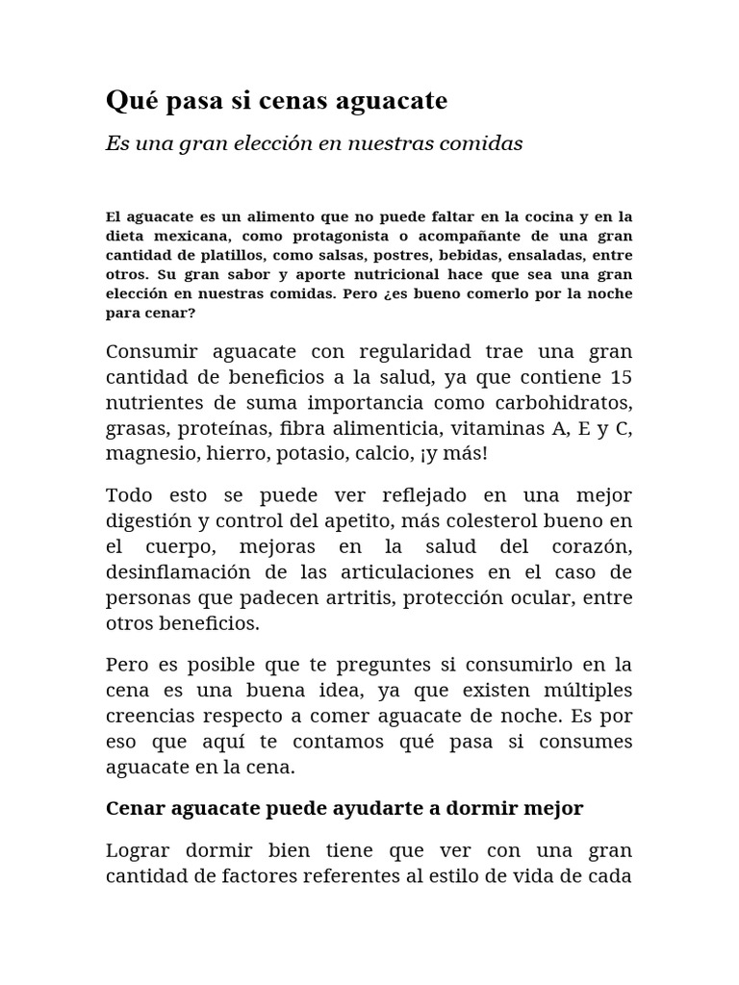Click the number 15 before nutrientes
coord(622,375)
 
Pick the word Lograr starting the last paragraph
coord(139,851)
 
